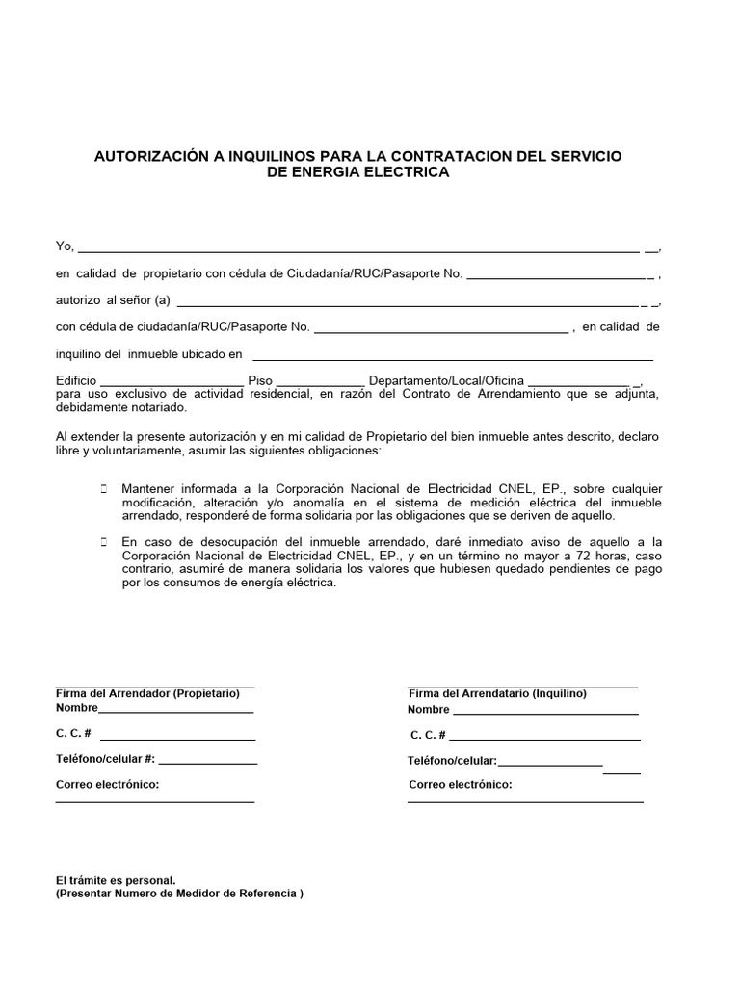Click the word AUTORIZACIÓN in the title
coord(147,155)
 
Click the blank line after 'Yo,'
coord(357,248)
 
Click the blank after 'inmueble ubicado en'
coord(453,355)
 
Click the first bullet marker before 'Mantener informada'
coord(103,489)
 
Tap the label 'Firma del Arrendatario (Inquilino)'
coord(497,693)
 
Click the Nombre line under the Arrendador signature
coord(176,711)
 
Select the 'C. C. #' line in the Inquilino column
coord(545,738)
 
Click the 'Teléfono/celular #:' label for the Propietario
coord(106,759)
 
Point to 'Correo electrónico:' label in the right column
coord(460,784)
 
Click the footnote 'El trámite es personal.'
coord(116,880)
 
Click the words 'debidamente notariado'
coord(112,408)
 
